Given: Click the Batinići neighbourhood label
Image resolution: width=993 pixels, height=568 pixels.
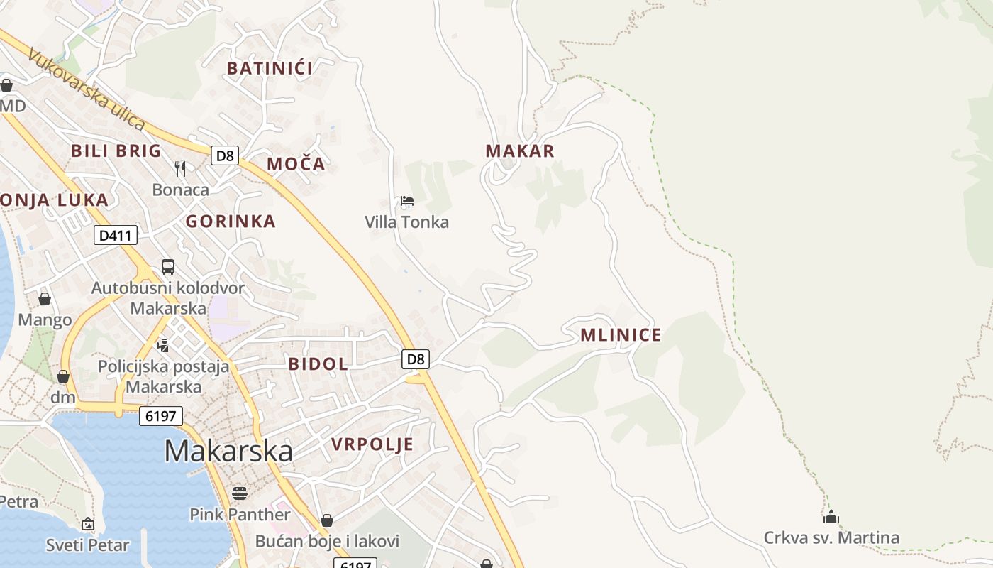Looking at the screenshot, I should click(270, 68).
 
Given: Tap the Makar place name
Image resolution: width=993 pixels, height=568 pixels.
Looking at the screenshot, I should click(520, 151).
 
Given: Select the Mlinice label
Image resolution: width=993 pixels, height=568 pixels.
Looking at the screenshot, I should click(621, 335).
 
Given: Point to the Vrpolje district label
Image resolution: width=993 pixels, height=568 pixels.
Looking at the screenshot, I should click(372, 444).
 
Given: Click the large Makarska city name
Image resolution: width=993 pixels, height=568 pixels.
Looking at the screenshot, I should click(228, 451).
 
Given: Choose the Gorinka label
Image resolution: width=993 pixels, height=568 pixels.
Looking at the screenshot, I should click(231, 222).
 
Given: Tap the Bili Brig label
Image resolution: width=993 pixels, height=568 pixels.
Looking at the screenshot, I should click(116, 151).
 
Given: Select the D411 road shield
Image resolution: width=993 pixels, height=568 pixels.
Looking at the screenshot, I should click(116, 235).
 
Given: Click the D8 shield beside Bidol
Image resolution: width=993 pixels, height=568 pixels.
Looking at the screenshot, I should click(416, 359).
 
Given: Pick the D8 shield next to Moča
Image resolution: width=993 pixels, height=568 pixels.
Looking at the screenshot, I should click(225, 155).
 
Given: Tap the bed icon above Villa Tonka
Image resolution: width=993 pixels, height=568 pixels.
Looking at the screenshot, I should click(407, 201).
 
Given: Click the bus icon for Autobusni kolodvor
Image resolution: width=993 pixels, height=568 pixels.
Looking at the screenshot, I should click(168, 267).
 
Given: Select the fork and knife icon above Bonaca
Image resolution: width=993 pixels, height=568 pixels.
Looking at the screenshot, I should click(180, 168).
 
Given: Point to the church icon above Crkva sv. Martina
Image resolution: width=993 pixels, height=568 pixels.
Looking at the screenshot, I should click(831, 516).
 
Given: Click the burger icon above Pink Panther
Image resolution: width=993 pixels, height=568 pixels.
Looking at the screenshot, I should click(240, 493).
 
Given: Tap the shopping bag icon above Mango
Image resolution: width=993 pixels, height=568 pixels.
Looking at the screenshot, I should click(45, 299).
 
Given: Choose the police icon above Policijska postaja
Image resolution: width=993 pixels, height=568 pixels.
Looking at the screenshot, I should click(163, 345).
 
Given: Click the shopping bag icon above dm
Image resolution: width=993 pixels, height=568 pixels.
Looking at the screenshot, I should click(63, 376).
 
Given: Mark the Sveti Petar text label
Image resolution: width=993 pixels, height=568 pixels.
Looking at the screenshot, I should click(88, 545).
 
